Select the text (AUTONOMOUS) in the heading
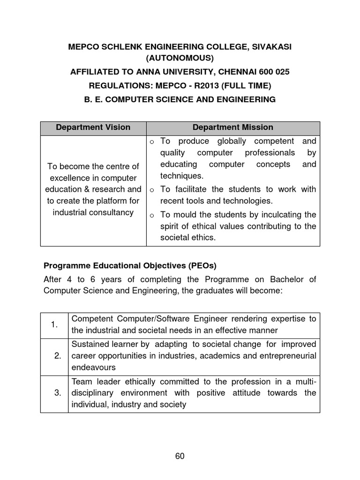tap(180, 59)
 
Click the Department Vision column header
tap(93, 127)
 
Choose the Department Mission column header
tap(233, 127)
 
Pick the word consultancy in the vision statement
tap(110, 212)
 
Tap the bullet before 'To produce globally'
tap(152, 142)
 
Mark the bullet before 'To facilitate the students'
tap(152, 190)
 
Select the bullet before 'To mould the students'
tap(152, 216)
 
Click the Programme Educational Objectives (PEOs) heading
tap(130, 266)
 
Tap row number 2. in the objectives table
tap(58, 356)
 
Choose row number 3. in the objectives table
tap(58, 393)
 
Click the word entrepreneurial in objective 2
tap(288, 356)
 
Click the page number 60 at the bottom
tap(180, 457)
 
